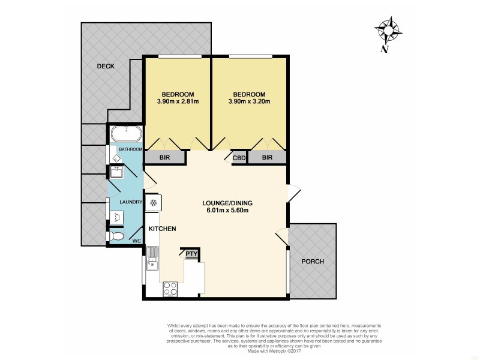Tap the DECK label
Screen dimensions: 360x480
106,66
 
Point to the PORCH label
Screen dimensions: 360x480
312,261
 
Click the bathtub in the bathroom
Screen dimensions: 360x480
125,133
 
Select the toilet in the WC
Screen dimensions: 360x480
116,238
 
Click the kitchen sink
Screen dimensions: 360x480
152,257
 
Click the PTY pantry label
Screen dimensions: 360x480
191,254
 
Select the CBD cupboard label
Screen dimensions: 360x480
238,158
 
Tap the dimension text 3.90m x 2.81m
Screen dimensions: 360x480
177,101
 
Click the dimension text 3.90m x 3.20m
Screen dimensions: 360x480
249,101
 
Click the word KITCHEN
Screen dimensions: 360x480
162,229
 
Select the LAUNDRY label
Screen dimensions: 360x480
130,202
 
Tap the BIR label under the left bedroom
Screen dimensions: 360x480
166,158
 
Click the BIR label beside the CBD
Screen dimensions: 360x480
268,158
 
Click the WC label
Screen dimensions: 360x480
136,241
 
